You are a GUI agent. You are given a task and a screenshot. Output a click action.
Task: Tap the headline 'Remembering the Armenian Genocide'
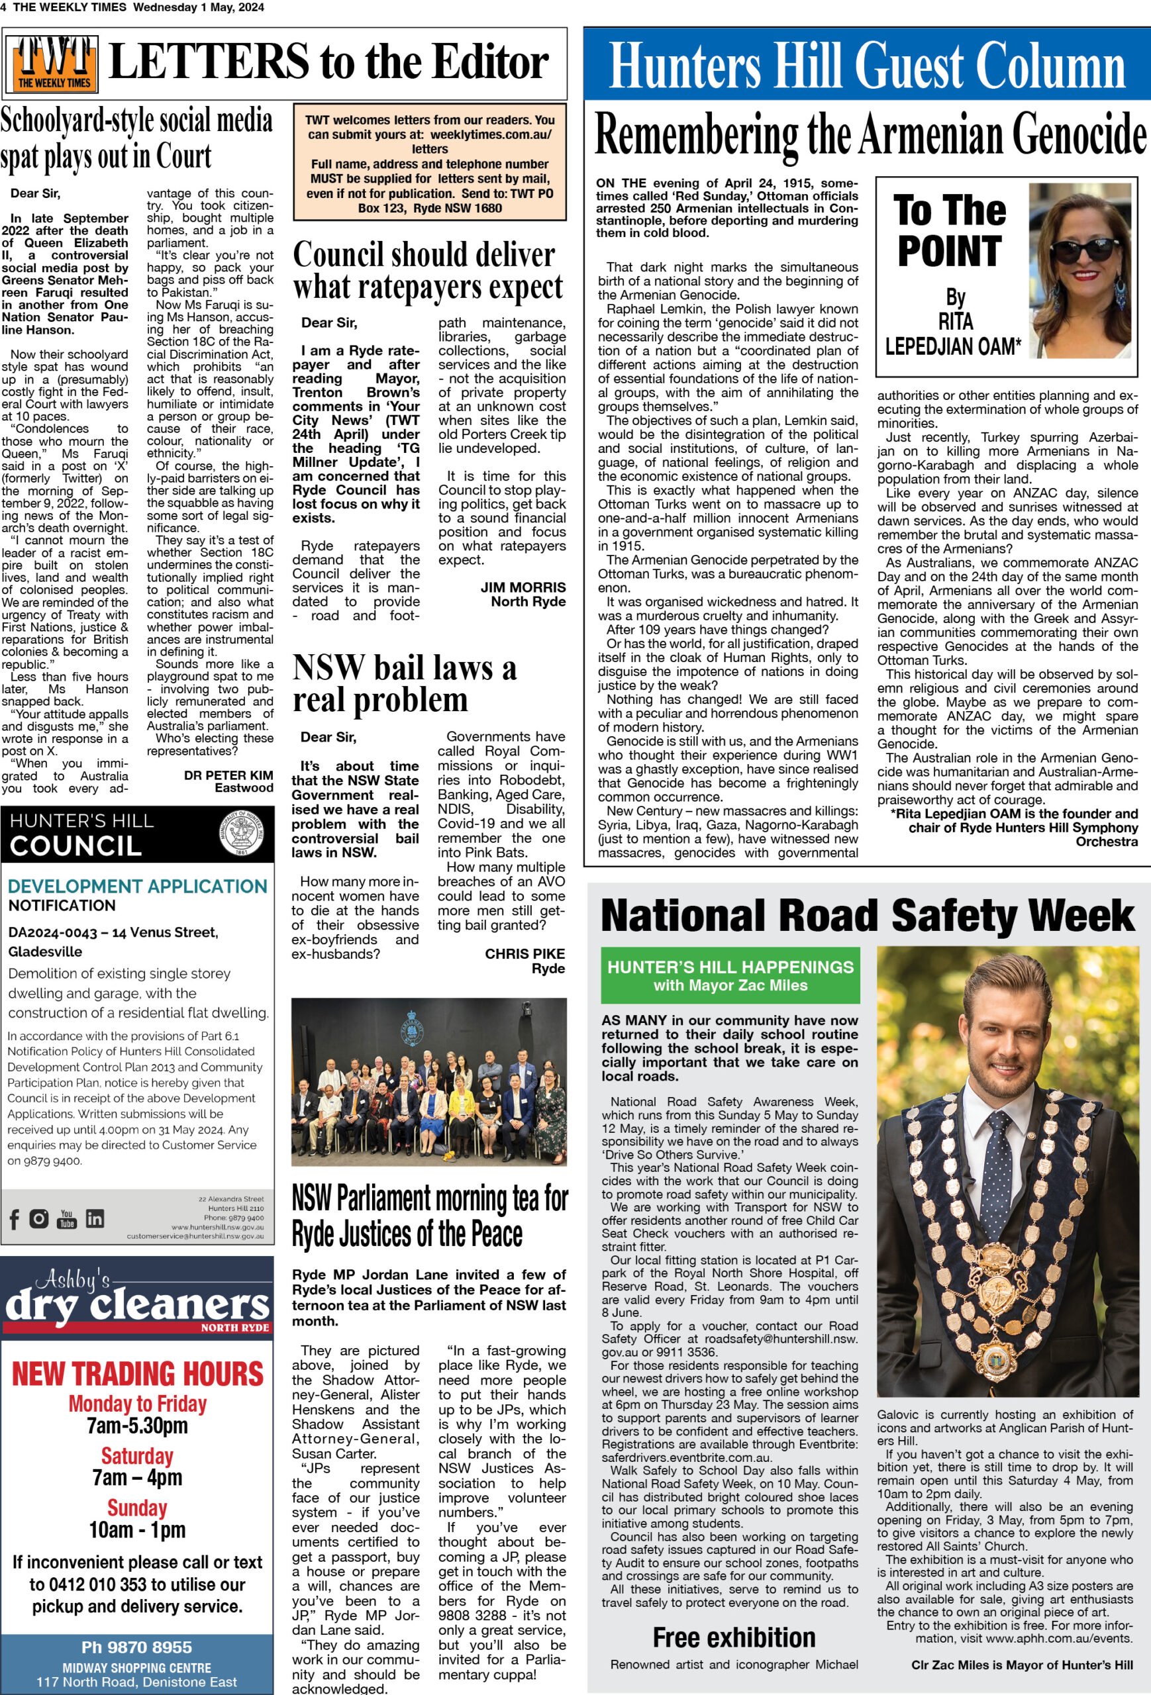click(870, 134)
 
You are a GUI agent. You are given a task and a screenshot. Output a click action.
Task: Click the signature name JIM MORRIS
click(523, 587)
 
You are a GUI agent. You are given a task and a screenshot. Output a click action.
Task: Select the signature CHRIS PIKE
click(525, 953)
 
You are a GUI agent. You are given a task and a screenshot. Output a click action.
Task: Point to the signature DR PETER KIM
click(228, 775)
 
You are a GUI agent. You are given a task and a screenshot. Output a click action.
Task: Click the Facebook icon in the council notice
click(15, 1219)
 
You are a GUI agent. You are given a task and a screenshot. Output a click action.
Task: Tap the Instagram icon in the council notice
click(38, 1218)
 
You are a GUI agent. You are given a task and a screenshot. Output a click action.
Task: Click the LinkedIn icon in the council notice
click(95, 1219)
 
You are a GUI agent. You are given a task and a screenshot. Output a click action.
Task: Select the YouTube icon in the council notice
click(66, 1219)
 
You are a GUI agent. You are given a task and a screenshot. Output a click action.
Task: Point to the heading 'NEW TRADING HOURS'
click(137, 1374)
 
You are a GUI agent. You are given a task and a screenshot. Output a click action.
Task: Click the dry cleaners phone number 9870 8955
click(136, 1647)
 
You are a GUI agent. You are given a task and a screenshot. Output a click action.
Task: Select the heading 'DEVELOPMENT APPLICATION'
click(137, 886)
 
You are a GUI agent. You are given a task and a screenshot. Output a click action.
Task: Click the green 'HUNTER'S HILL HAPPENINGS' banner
click(730, 975)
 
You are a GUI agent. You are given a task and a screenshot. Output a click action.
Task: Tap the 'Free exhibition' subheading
click(733, 1637)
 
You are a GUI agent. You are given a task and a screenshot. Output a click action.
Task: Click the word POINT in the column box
click(949, 251)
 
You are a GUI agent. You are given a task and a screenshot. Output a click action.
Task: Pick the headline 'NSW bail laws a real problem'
click(404, 683)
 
